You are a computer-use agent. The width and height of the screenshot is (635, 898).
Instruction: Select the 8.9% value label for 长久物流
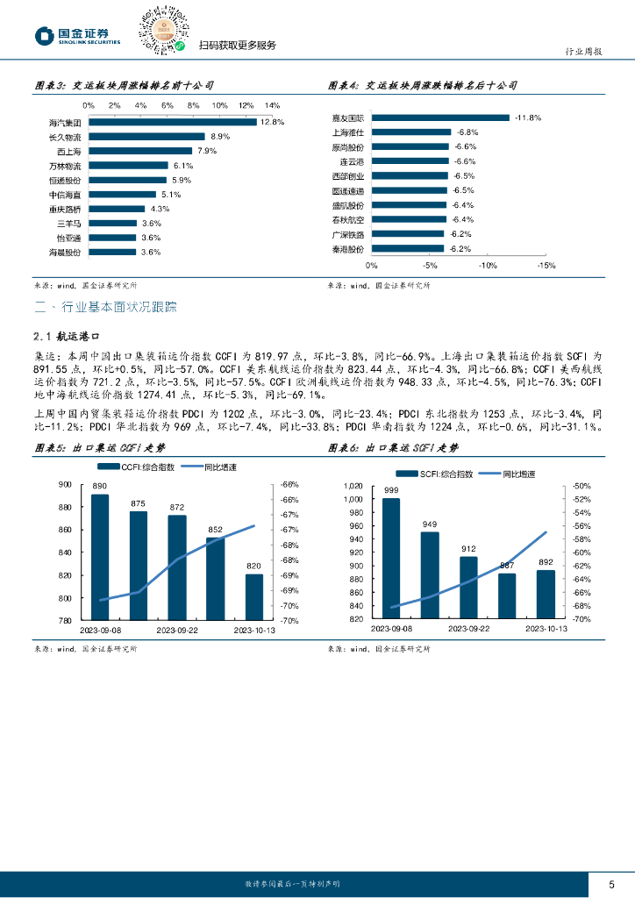219,137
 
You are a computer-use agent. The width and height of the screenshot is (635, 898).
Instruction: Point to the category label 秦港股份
350,248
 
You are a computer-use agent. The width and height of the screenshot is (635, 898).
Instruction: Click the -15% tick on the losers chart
546,265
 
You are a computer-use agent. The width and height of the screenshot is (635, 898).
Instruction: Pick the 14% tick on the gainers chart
272,105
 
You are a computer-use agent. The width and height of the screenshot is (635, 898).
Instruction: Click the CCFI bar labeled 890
100,557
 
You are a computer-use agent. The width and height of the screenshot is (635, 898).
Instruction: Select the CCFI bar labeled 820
253,596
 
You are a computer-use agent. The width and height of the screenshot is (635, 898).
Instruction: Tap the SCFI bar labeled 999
391,558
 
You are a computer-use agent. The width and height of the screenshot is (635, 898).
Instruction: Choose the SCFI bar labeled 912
468,587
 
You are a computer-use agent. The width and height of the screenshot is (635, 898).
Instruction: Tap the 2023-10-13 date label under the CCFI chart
254,629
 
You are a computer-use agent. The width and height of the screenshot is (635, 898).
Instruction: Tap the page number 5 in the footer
611,883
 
